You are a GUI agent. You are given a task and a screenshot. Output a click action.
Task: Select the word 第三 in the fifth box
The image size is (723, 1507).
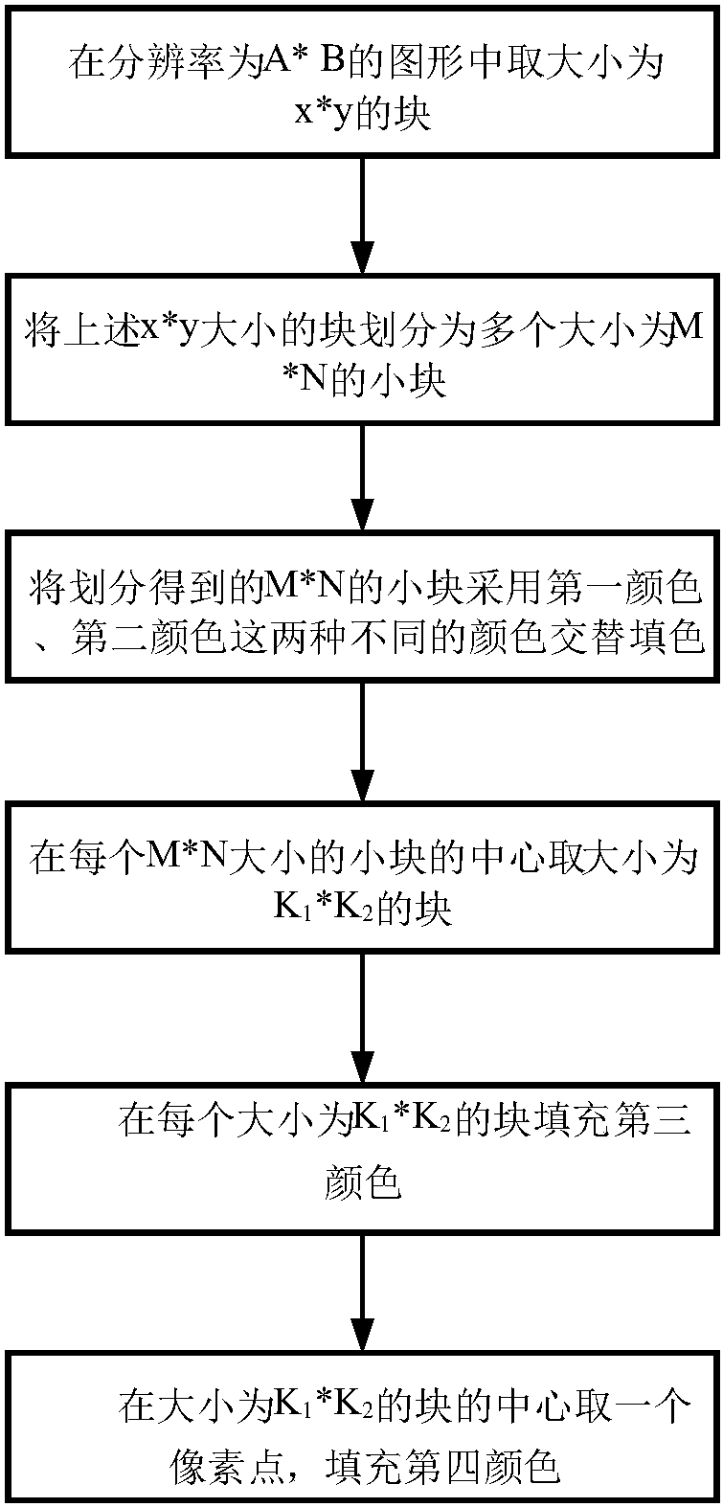[x=650, y=1118]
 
